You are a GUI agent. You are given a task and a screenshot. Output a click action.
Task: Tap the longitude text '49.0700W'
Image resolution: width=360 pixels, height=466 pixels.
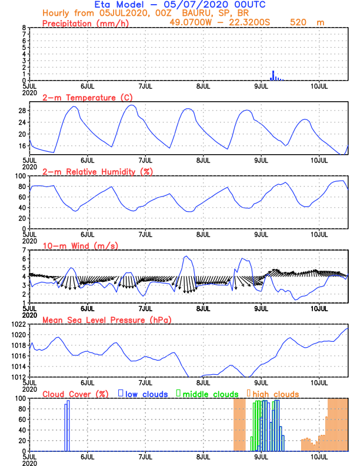[x=188, y=22]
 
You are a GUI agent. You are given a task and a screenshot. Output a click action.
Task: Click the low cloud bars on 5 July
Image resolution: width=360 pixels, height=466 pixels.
[x=66, y=425]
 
